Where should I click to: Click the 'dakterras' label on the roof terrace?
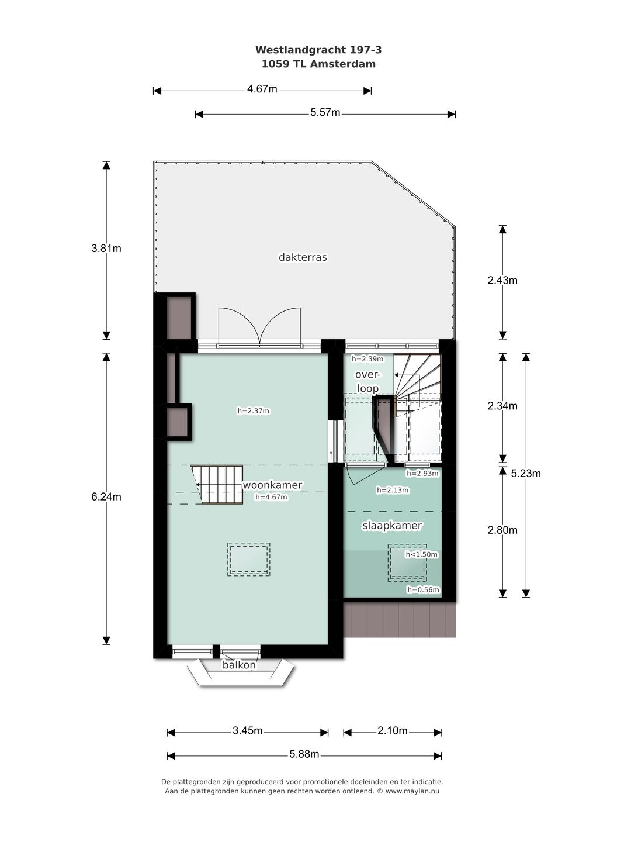pos(303,257)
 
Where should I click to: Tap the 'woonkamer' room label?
pos(272,485)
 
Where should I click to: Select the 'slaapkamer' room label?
pos(392,526)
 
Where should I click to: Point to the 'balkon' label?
pos(239,665)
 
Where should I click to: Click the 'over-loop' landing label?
pos(367,381)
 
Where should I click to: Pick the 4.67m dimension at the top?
pos(262,89)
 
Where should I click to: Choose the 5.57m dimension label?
pos(325,113)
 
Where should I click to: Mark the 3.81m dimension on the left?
pos(106,248)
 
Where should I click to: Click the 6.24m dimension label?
pos(106,496)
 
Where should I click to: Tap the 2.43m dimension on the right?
pos(502,280)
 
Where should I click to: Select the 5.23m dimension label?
pos(526,474)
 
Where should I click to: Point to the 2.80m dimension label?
pos(502,530)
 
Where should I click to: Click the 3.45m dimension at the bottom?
pos(247,731)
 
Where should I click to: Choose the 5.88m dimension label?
pos(304,754)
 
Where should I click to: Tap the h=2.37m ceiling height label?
pos(253,411)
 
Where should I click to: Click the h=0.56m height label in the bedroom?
pos(423,590)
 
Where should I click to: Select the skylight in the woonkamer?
pos(249,560)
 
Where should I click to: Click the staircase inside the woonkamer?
pos(218,484)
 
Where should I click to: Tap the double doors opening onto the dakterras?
pos(259,327)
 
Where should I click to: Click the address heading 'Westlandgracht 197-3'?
pos(318,51)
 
